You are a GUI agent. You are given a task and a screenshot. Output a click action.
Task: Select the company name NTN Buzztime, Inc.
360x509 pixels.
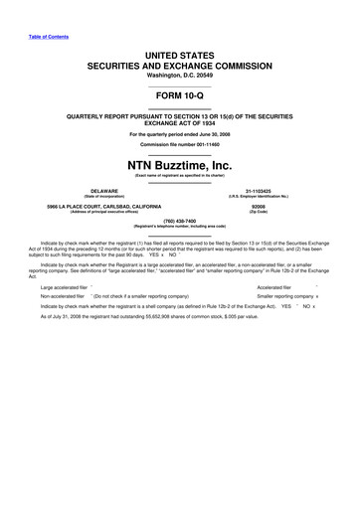click(x=180, y=164)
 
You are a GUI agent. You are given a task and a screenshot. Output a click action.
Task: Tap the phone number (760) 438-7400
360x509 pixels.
click(x=180, y=222)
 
